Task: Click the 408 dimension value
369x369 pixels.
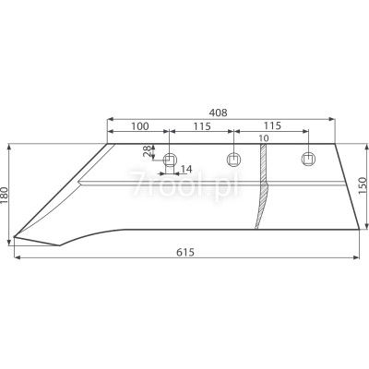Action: tap(219, 112)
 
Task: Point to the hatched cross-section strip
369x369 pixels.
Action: tap(263, 184)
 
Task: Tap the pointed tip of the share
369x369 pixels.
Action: tap(14, 241)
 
